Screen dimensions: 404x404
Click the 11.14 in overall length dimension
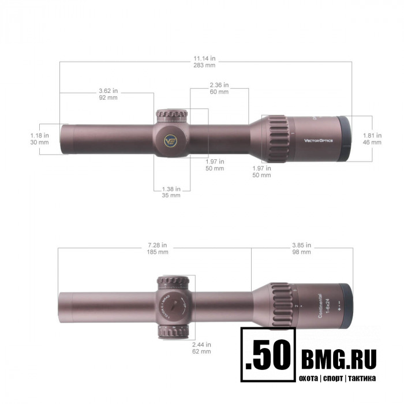point(205,62)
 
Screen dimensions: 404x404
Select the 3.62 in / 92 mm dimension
point(108,94)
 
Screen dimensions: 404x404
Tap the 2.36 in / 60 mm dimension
point(219,88)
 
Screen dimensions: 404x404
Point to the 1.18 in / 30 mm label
point(40,139)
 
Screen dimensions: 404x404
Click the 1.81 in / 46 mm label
point(372,139)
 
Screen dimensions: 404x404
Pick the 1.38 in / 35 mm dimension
point(171,192)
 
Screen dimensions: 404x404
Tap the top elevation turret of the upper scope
point(171,115)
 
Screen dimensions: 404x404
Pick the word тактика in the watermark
point(361,379)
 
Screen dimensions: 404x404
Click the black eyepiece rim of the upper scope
point(344,139)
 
